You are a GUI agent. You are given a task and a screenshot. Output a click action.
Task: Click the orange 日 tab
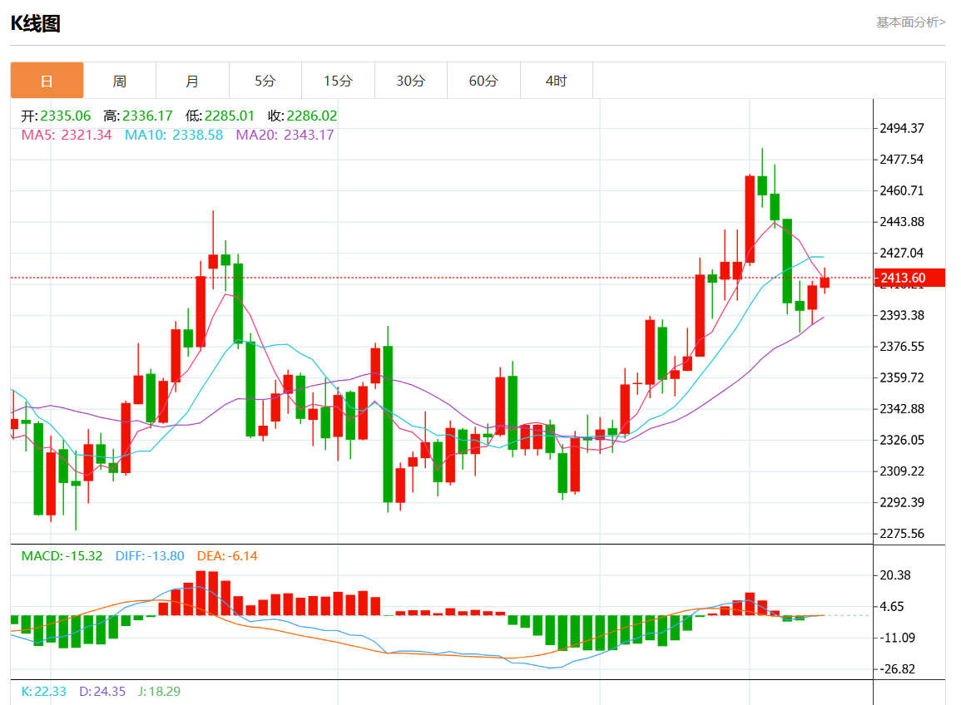coord(47,81)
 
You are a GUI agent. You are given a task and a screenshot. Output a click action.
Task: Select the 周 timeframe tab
coord(120,81)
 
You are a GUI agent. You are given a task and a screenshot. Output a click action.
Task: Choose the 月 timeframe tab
coord(192,81)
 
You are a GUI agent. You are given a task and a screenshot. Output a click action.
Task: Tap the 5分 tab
coord(265,81)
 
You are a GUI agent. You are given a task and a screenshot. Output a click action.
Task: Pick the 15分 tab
coord(338,81)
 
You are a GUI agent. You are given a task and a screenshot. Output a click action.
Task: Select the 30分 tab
coord(410,81)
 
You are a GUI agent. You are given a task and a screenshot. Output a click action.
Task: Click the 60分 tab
coord(483,81)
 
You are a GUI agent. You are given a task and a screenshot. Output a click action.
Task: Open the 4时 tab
coord(556,81)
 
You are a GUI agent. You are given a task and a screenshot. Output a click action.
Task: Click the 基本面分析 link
coord(909,22)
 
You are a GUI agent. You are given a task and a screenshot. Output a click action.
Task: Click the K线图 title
coord(35,24)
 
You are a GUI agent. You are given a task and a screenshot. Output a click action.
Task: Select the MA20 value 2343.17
coord(309,135)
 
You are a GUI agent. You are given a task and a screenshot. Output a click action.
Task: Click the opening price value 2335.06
coord(66,116)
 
